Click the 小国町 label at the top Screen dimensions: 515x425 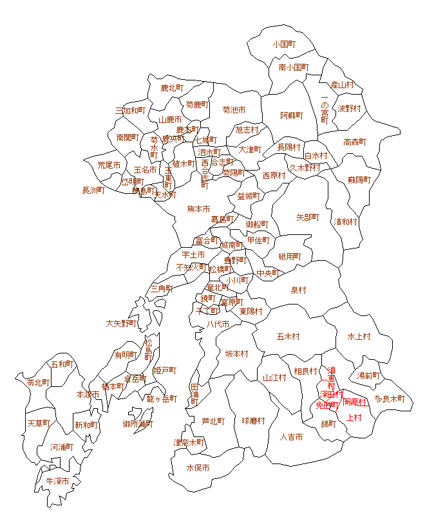coord(283,44)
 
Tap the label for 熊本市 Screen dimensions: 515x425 coord(198,209)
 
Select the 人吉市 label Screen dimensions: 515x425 coord(292,437)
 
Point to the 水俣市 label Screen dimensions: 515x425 coord(198,468)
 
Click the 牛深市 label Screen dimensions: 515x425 coord(57,481)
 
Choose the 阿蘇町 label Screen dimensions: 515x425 coord(291,115)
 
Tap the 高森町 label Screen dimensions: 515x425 coord(355,142)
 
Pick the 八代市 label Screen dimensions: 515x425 coord(218,324)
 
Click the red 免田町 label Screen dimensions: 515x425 coord(327,405)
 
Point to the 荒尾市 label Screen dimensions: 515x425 coord(109,165)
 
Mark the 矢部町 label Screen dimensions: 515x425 coord(308,217)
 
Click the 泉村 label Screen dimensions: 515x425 coord(298,290)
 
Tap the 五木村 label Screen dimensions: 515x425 coord(288,336)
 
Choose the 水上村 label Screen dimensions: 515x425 coord(359,336)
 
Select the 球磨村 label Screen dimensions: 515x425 coord(253,421)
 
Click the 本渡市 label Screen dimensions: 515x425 coord(88,394)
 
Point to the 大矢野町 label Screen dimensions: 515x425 coord(121,323)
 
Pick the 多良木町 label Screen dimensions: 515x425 coord(390,399)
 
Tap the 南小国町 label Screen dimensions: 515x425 coord(294,67)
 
